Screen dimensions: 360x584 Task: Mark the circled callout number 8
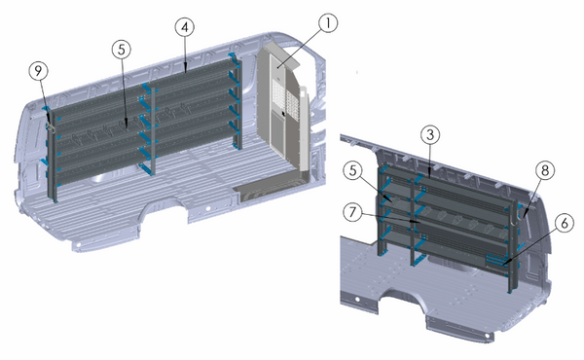tap(545, 170)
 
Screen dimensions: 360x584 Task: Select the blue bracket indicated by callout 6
tap(499, 260)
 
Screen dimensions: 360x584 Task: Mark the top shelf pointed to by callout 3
tap(457, 185)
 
